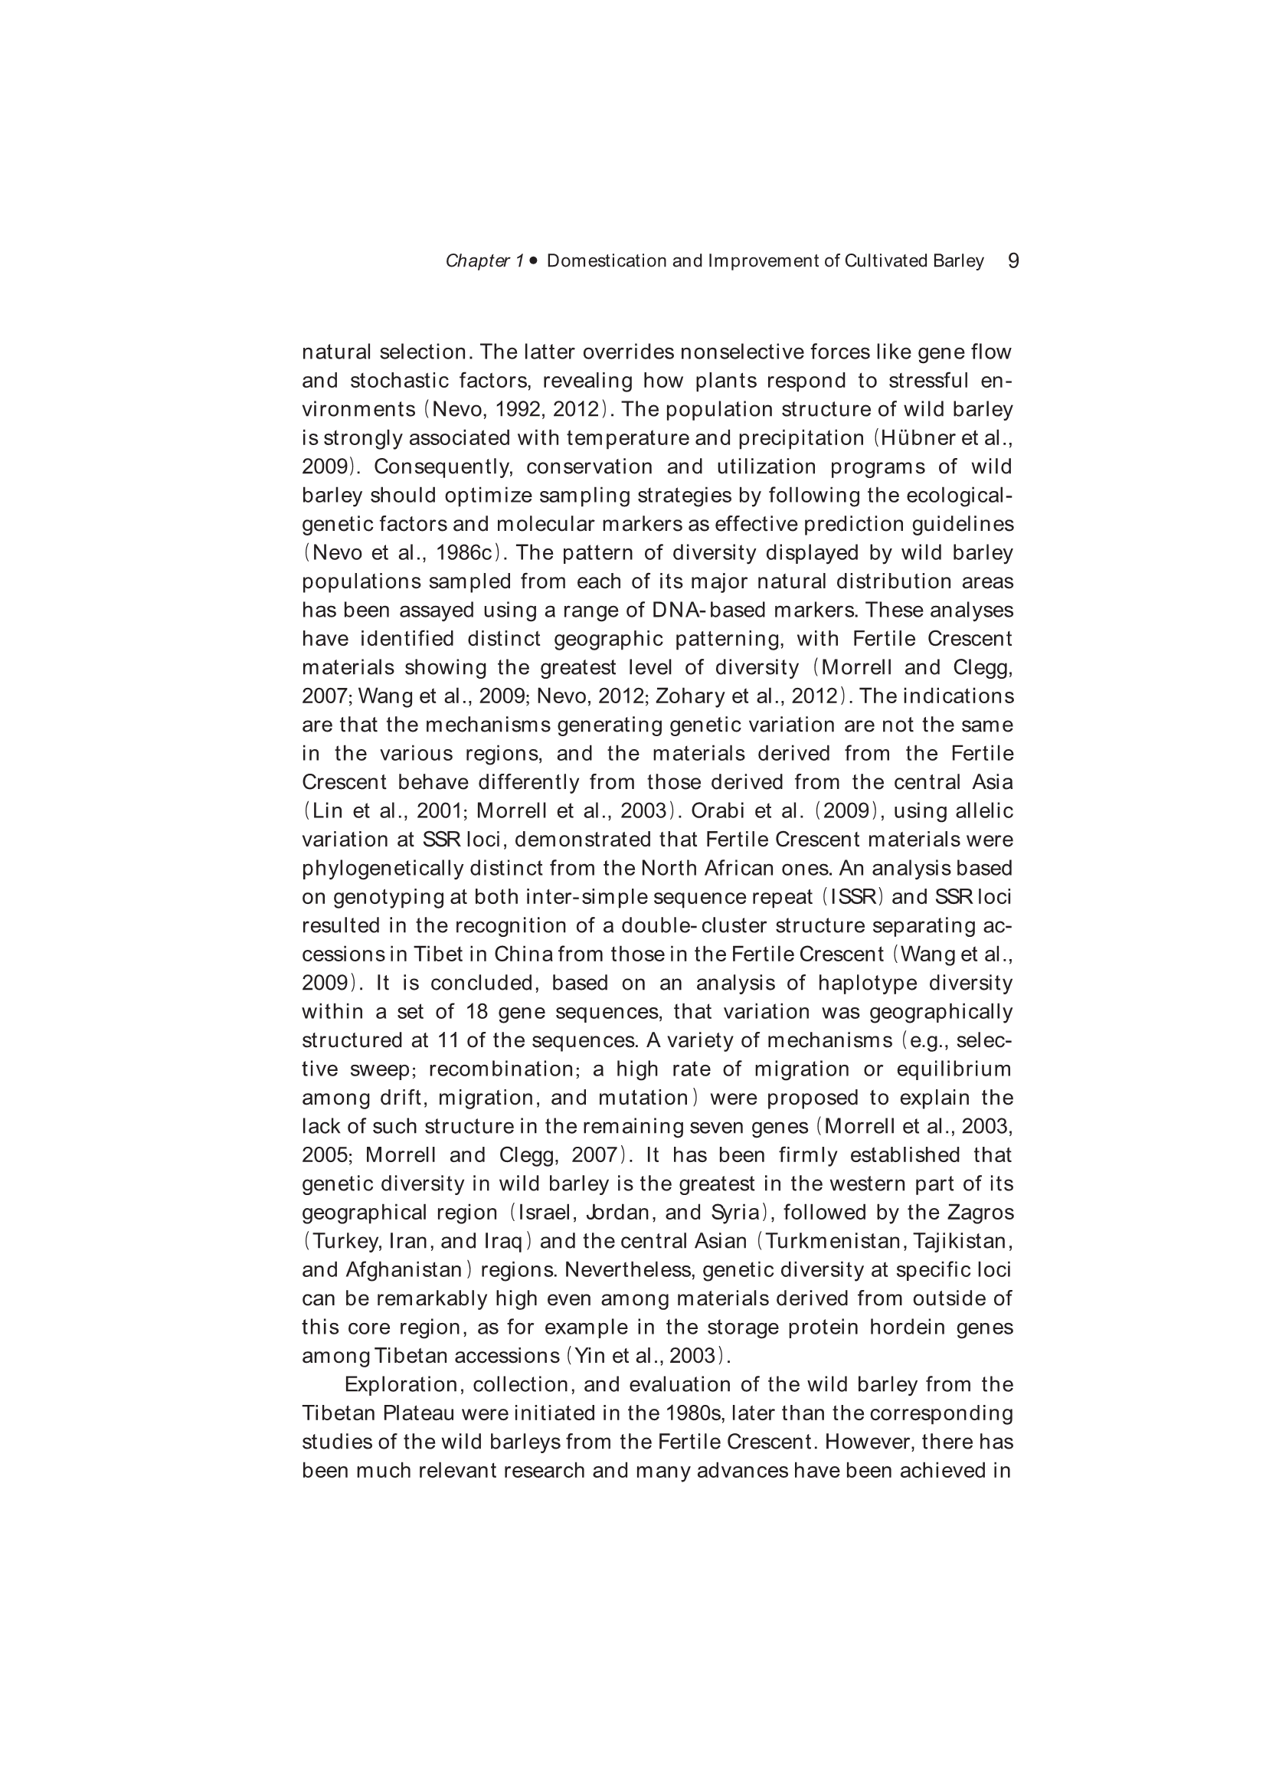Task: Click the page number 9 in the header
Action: [x=1013, y=260]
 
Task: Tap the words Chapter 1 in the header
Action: [x=484, y=261]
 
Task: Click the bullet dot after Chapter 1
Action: [x=534, y=261]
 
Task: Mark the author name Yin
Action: [x=585, y=1356]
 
